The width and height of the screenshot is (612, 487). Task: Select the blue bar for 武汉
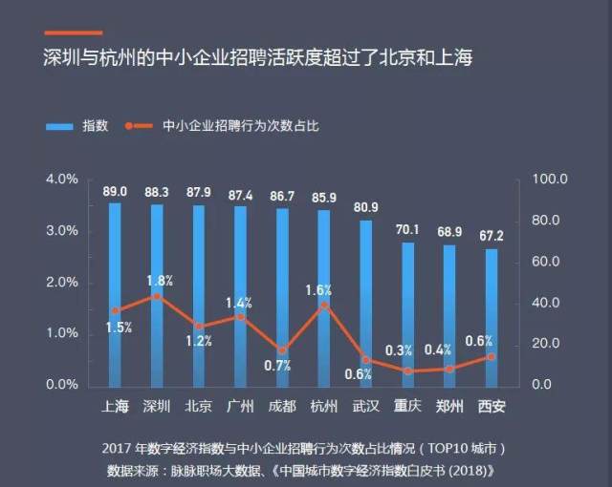[365, 303]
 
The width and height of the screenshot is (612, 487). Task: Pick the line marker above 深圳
[157, 296]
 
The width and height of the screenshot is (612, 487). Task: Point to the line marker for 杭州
[324, 306]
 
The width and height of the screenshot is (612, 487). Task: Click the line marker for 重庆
[407, 371]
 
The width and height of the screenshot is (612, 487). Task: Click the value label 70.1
[407, 229]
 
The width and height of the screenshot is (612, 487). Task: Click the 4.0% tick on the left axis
[61, 180]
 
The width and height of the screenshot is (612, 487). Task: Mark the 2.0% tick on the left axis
[61, 283]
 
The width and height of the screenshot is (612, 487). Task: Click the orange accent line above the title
[72, 32]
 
